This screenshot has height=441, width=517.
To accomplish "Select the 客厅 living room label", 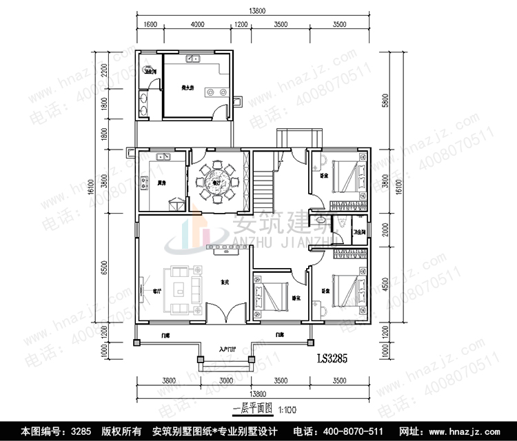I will (157, 291).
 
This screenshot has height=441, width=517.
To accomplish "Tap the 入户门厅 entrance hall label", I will (228, 349).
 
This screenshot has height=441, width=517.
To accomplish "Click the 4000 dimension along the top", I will (197, 25).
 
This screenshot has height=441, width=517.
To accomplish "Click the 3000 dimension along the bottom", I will (226, 380).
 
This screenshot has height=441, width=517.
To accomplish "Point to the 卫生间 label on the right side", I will (358, 232).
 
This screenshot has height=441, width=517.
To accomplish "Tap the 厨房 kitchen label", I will (161, 183).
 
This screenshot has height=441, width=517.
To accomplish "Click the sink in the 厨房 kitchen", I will (163, 158).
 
